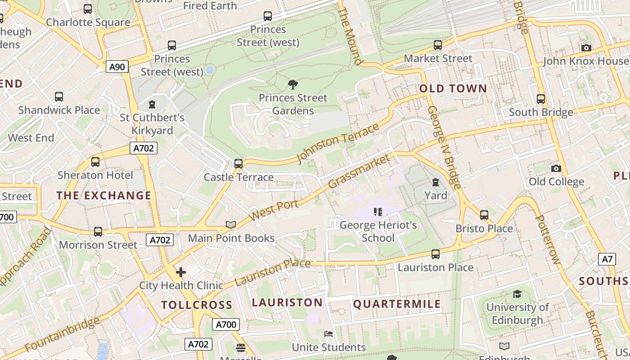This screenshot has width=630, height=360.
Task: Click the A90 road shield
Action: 117,67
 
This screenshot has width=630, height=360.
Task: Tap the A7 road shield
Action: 607,259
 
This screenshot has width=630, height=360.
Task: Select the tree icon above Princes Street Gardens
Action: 293,84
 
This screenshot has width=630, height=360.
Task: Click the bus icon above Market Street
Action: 437,45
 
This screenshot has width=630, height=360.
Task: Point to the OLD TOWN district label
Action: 453,89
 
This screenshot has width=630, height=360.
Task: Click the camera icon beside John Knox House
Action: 586,48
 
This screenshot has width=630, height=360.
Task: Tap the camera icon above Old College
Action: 556,168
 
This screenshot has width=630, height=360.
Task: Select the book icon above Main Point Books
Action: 231,225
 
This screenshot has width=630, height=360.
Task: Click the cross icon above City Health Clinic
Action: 180,272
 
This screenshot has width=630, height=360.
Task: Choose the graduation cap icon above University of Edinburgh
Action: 517,294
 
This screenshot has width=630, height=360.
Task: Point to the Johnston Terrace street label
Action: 338,144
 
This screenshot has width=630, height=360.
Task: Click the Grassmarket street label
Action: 359,171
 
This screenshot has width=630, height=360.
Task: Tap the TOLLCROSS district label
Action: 197,305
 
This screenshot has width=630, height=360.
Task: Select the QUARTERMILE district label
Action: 396,304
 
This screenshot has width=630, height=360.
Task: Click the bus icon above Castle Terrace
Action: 238,164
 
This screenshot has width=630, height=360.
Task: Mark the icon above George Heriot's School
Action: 378,211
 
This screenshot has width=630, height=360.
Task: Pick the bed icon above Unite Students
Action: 328,334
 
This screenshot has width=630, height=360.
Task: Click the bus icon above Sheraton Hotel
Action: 95,162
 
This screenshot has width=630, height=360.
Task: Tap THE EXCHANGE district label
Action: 103,195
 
